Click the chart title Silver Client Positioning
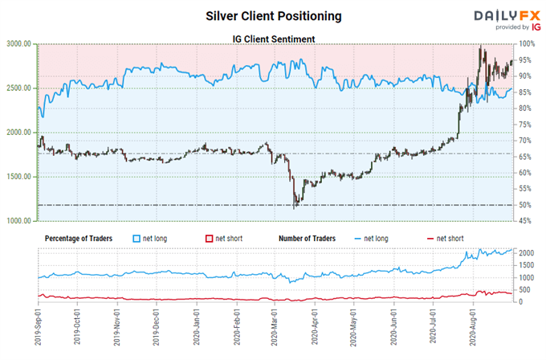point(273,15)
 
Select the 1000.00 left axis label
point(18,220)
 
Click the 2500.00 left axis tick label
point(18,88)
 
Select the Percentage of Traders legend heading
point(77,238)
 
